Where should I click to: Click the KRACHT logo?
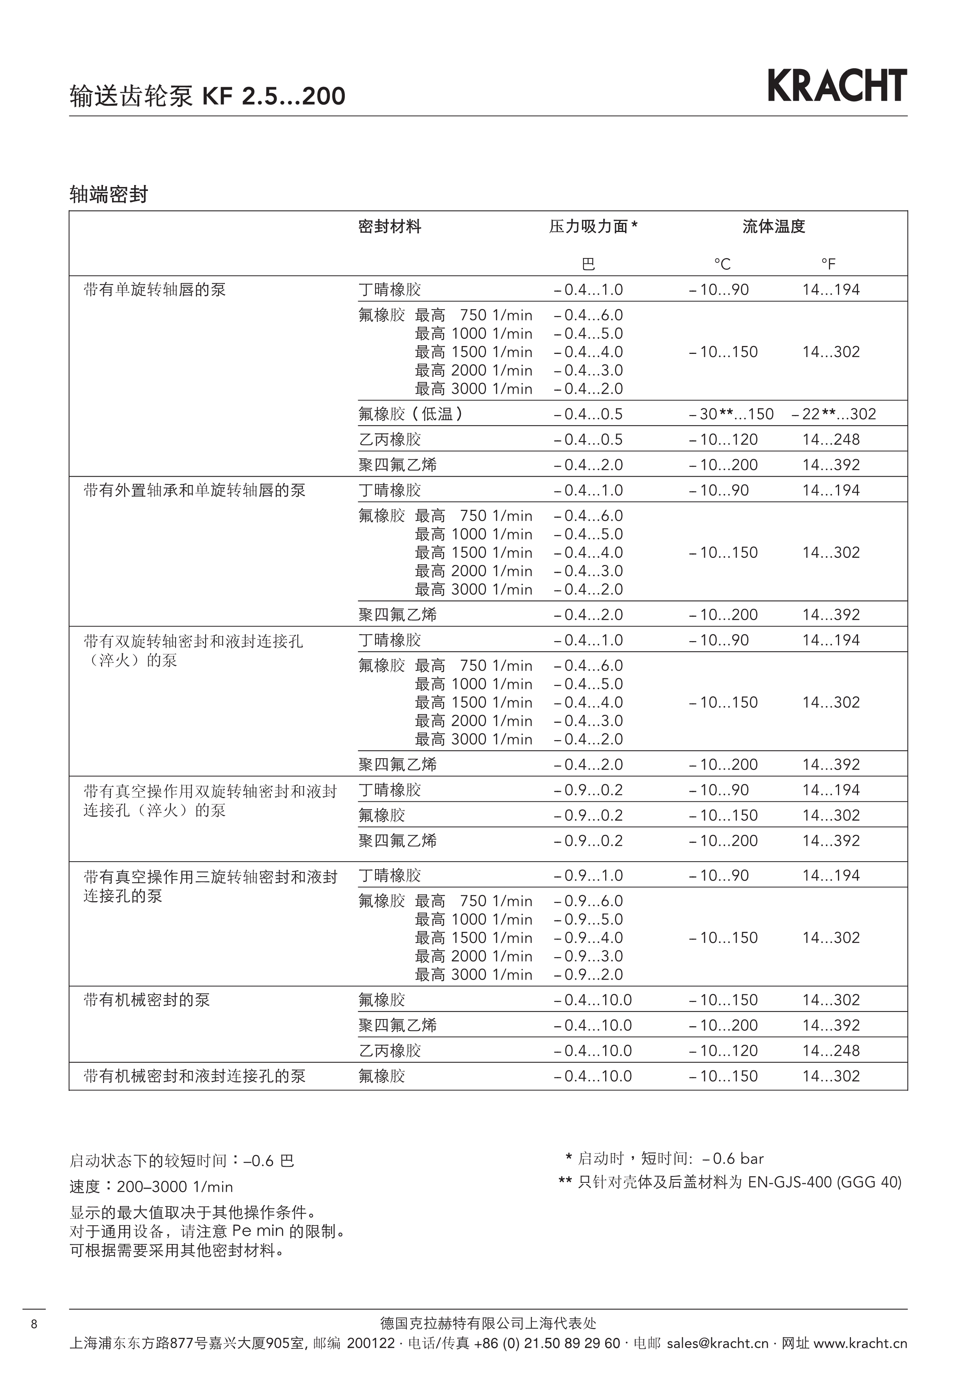tap(837, 86)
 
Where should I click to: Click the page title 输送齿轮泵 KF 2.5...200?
tap(207, 96)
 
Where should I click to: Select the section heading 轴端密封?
tap(108, 195)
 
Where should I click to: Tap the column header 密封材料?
tap(389, 226)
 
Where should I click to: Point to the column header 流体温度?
tap(774, 226)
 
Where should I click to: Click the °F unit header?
tap(828, 264)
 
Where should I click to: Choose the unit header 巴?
tap(588, 264)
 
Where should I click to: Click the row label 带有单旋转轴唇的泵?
tap(154, 290)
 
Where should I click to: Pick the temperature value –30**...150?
tap(731, 414)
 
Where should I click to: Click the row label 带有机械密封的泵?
tap(146, 1000)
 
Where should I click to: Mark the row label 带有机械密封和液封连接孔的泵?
tap(194, 1076)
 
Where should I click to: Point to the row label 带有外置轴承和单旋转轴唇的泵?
tap(194, 491)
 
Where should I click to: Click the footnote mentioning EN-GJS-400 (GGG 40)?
tap(730, 1182)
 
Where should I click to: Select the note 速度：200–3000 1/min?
tap(151, 1186)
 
